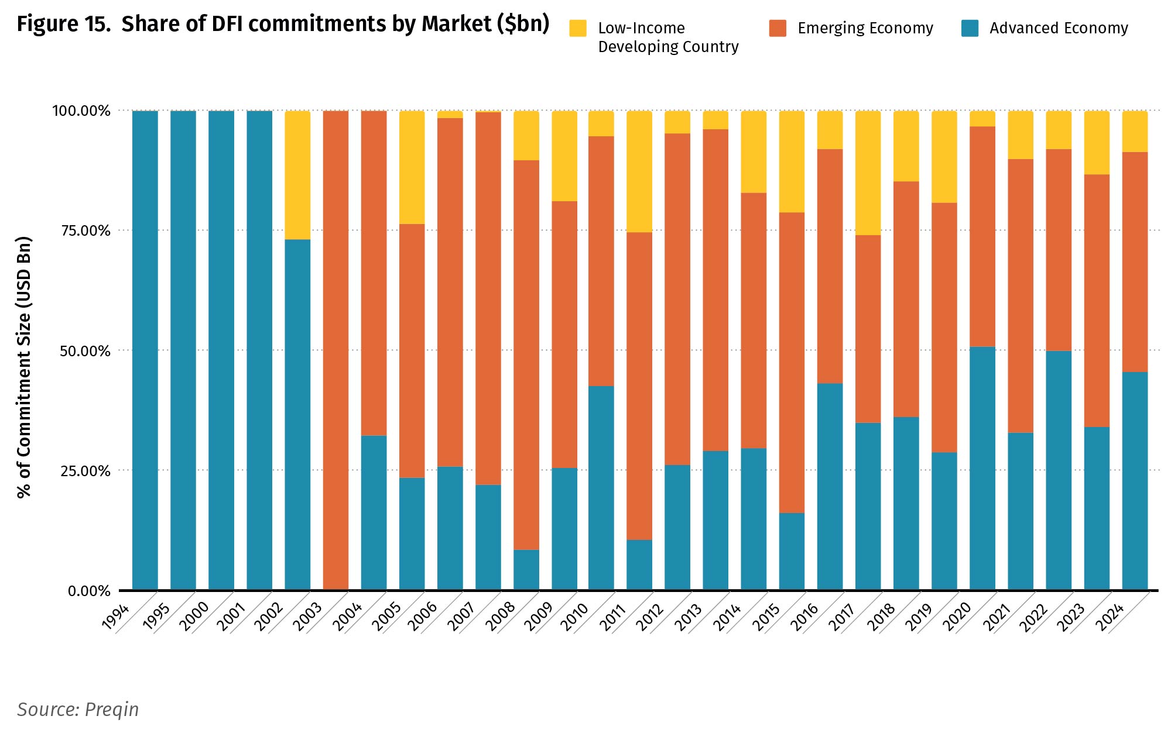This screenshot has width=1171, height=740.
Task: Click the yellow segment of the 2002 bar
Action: click(x=297, y=175)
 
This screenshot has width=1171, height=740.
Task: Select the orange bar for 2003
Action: click(x=335, y=350)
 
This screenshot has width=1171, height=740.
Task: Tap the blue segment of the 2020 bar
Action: click(x=982, y=468)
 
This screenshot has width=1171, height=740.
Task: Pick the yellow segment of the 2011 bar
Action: click(x=639, y=171)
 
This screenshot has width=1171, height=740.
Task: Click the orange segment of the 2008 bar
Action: click(x=526, y=354)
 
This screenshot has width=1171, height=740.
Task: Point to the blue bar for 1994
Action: click(x=145, y=350)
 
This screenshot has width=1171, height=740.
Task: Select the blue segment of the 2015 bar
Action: click(x=792, y=551)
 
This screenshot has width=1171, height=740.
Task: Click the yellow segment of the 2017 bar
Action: click(x=868, y=173)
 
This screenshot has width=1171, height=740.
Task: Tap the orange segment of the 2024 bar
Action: click(x=1135, y=262)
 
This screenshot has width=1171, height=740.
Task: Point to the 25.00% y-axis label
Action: click(x=85, y=471)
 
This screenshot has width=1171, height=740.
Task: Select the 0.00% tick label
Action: click(x=89, y=591)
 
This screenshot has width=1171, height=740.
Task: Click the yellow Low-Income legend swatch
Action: click(x=578, y=29)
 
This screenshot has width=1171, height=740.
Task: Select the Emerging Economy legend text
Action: click(x=865, y=28)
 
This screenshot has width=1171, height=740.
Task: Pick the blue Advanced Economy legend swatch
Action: click(x=970, y=28)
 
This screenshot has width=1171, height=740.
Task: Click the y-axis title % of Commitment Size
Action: click(x=24, y=367)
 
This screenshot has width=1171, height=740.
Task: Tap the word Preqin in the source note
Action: click(x=112, y=710)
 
